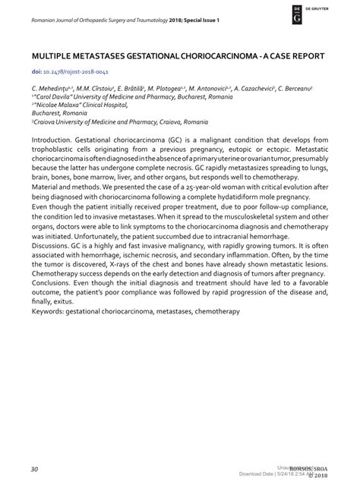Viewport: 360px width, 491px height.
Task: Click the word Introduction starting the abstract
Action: pyautogui.click(x=55, y=142)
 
